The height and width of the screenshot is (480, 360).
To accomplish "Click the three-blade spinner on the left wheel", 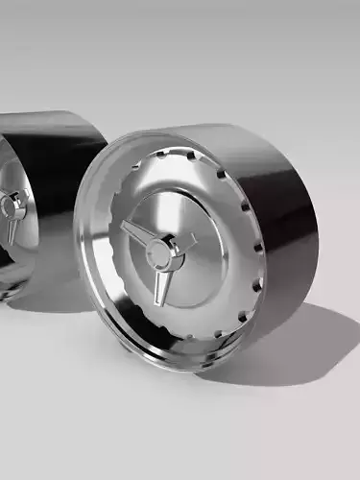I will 12,213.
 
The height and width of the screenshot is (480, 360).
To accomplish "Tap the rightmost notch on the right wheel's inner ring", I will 259,247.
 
